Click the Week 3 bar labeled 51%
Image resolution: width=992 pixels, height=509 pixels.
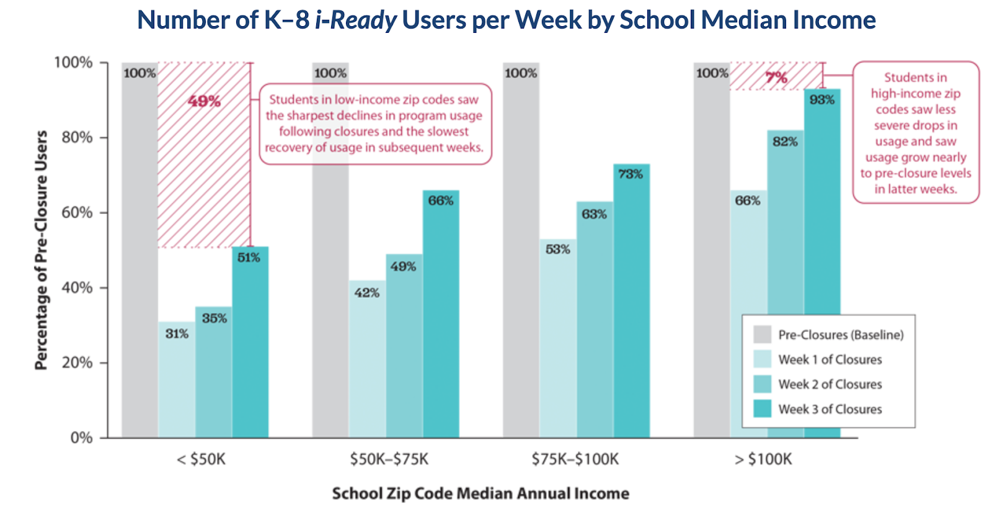(250, 348)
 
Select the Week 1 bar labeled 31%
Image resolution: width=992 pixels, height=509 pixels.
(177, 385)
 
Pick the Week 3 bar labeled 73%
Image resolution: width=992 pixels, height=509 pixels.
(631, 304)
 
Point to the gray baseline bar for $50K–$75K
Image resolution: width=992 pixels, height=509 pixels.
(330, 248)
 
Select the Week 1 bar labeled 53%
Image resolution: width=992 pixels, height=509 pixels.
(558, 341)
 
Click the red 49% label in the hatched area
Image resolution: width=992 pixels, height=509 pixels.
(205, 101)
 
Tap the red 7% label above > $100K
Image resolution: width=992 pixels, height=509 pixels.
(776, 78)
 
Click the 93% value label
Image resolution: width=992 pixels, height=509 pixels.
(822, 100)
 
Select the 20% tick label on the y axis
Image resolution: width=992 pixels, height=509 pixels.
(77, 363)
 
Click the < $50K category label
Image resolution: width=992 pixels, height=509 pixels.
(201, 459)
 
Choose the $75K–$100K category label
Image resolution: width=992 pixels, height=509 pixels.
(575, 459)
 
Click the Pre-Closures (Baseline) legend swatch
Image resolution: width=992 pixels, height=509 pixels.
(762, 335)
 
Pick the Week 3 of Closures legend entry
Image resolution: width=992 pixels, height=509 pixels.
(830, 409)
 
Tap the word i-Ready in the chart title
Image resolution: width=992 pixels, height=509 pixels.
(356, 20)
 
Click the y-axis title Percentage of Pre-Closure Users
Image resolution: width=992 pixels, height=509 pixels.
(42, 250)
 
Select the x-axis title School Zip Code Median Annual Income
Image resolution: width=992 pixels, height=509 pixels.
(480, 493)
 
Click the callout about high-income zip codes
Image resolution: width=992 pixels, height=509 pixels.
(916, 133)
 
